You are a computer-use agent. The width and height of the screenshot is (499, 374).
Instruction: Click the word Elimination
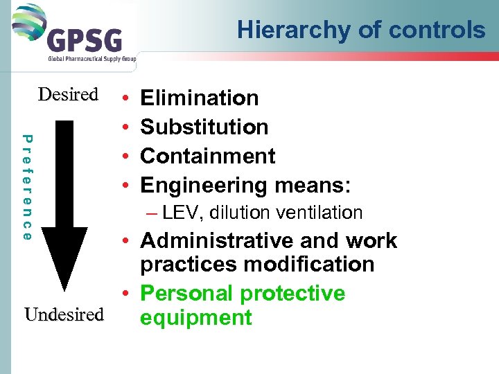(x=200, y=98)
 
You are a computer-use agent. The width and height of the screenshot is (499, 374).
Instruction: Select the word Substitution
(x=204, y=127)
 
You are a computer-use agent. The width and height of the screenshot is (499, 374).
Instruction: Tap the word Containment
(x=208, y=156)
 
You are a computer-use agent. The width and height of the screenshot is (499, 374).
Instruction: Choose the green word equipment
(x=195, y=318)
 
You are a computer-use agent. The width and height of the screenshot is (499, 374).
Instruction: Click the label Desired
(x=68, y=94)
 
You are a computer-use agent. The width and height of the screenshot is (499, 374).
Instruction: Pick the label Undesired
(x=64, y=314)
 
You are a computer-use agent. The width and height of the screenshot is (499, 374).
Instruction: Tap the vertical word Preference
(x=26, y=187)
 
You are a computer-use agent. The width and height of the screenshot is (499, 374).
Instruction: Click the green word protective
(x=292, y=294)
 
